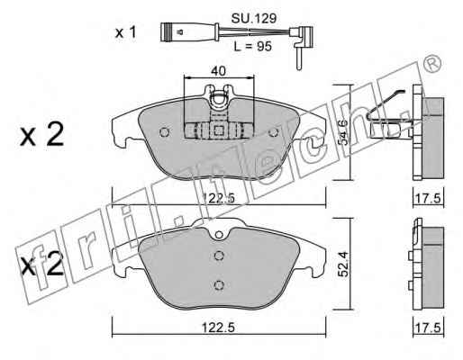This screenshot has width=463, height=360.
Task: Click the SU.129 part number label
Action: tap(254, 19)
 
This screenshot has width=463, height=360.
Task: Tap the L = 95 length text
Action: tap(253, 47)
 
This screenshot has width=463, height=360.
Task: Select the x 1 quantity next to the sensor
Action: tap(126, 32)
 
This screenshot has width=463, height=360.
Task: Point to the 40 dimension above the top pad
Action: tap(218, 71)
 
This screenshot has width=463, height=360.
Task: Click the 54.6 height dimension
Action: tap(344, 132)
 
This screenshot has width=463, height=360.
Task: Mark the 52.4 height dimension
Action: tap(344, 264)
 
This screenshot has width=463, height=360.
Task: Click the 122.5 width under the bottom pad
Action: tap(218, 328)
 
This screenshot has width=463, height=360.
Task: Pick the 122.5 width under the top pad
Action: tap(218, 198)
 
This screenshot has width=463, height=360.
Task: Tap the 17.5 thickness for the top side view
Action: tap(428, 198)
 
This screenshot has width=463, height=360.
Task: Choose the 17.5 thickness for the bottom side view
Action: tap(428, 328)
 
